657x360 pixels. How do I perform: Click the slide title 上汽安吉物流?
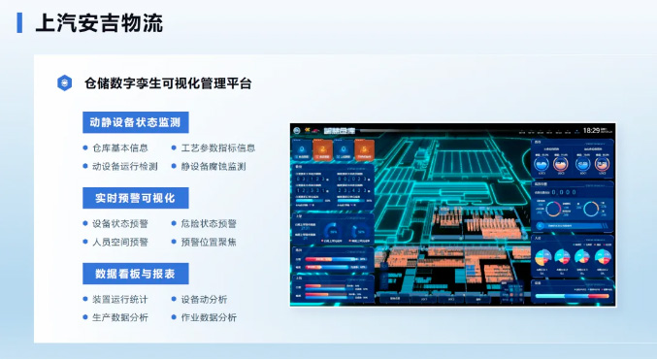coord(99,22)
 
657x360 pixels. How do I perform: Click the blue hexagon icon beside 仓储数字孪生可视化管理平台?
coord(65,83)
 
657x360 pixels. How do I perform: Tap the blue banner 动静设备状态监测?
coord(134,122)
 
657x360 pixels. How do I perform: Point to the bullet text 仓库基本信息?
coord(120,148)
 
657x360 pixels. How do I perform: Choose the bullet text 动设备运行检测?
coord(125,166)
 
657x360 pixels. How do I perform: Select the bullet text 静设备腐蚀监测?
coord(213,166)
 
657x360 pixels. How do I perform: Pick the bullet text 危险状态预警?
coord(208,224)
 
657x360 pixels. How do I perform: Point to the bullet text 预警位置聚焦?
coord(208,242)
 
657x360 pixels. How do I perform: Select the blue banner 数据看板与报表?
coord(134,274)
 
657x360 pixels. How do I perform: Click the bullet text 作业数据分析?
coord(208,317)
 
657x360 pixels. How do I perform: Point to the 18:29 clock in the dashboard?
coord(595,129)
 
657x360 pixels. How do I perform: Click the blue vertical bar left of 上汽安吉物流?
coord(20,22)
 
